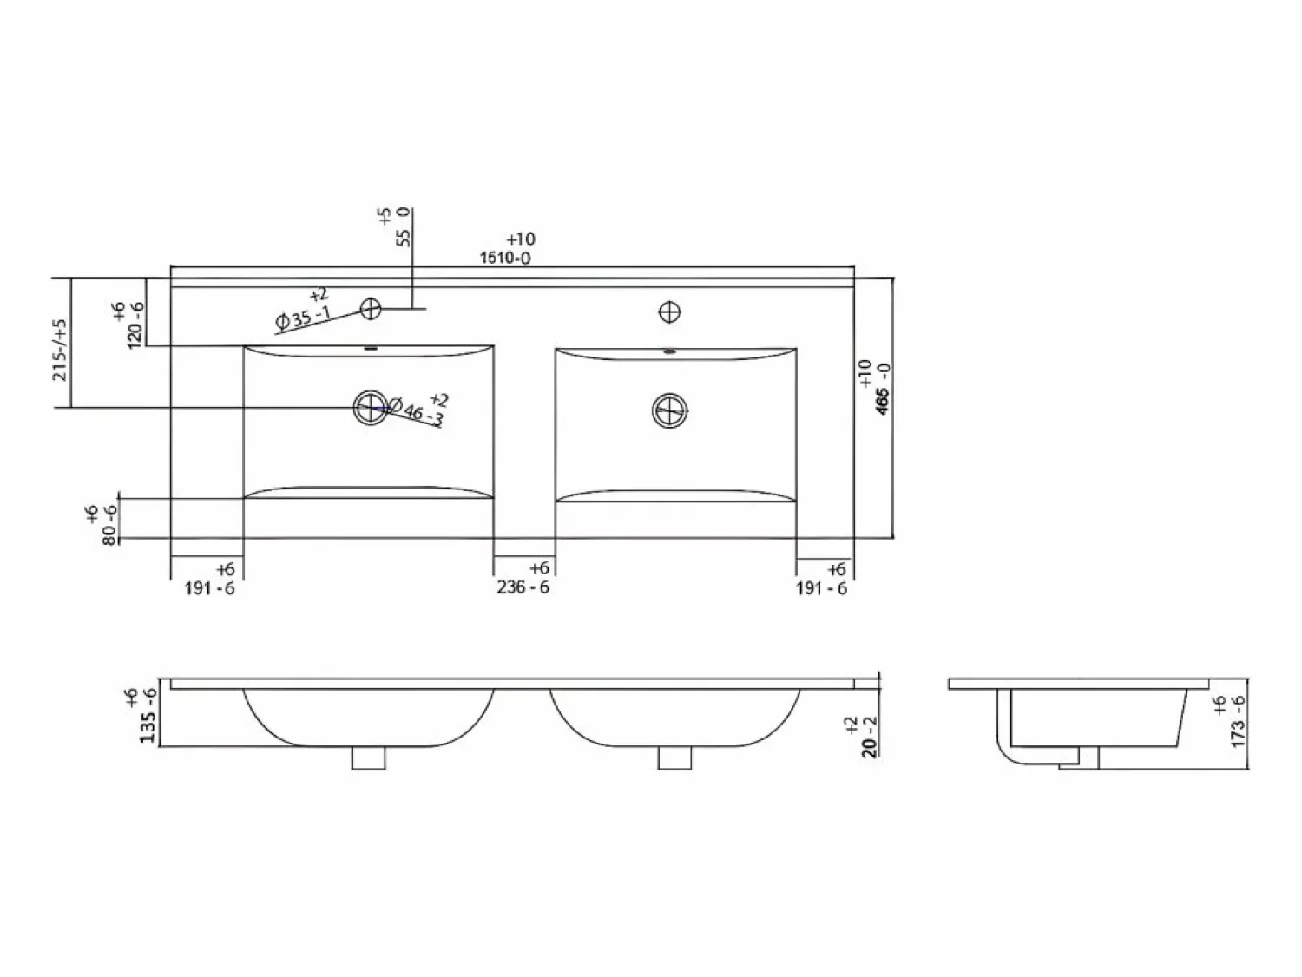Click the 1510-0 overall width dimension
point(505,258)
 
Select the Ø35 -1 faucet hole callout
point(303,318)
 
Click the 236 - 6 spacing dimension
point(523,587)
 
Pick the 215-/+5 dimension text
point(61,350)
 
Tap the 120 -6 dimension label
point(135,325)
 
